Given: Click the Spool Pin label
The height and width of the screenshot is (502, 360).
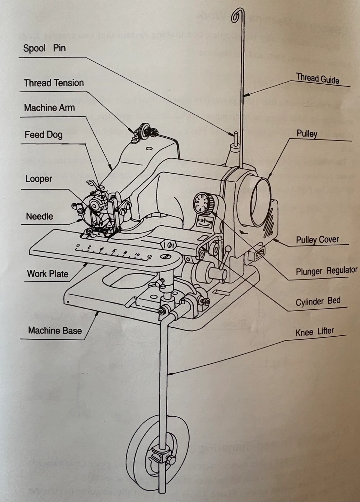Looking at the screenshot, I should click(44, 48).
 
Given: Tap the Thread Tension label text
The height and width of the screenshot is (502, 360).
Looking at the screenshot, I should click(54, 83).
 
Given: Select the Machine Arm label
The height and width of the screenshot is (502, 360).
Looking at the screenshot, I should click(49, 108).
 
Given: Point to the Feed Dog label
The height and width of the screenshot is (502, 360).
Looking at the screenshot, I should click(44, 135).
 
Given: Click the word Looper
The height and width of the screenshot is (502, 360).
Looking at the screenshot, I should click(39, 179).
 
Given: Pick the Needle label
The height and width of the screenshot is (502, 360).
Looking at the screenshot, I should click(39, 216).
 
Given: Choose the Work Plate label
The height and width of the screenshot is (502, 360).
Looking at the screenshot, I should click(48, 274).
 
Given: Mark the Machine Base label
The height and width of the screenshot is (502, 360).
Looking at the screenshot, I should click(55, 330).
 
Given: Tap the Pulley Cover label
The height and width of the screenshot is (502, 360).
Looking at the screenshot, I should click(317, 240).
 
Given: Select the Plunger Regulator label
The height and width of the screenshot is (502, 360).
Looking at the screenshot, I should click(326, 271).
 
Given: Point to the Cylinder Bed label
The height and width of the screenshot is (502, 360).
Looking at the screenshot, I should click(318, 302).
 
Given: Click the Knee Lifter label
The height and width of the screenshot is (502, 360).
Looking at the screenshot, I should click(314, 332).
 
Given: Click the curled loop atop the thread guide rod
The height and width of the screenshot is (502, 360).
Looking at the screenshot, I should click(238, 16).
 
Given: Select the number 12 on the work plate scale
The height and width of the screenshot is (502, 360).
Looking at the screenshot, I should click(149, 257).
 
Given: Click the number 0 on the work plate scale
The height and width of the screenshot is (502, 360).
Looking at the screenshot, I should click(77, 246).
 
